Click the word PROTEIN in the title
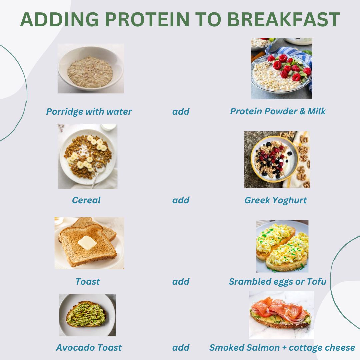147,19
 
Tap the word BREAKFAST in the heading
283,19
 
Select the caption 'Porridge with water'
89,112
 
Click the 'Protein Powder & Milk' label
278,111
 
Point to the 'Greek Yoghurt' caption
276,200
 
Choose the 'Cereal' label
86,200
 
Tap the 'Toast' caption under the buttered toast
87,281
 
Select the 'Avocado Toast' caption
89,348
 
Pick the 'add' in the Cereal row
181,200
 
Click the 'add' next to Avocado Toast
181,348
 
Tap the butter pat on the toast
87,243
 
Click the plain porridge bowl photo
91,68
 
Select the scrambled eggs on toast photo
282,246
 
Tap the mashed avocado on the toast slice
87,315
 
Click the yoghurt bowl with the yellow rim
275,159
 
